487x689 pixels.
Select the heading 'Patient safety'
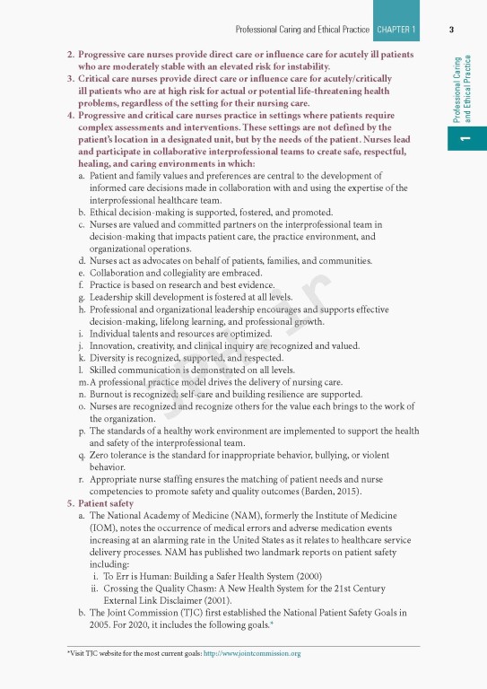point(109,504)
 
